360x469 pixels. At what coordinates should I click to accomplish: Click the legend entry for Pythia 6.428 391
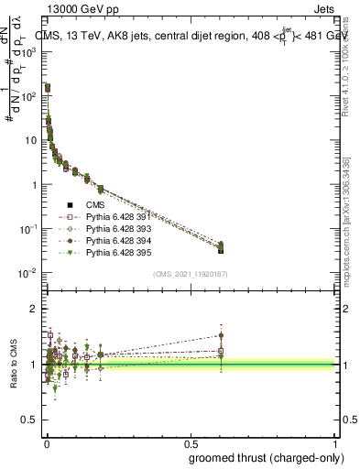[x=115, y=216]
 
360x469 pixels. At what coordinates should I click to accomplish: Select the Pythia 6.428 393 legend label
[x=115, y=228]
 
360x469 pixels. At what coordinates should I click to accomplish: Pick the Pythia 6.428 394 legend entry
[x=115, y=239]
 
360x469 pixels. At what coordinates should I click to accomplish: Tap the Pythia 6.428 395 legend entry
[x=115, y=251]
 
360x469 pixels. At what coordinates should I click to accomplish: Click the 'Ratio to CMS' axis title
[x=14, y=365]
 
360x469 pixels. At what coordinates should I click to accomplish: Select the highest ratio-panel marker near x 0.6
[x=221, y=335]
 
